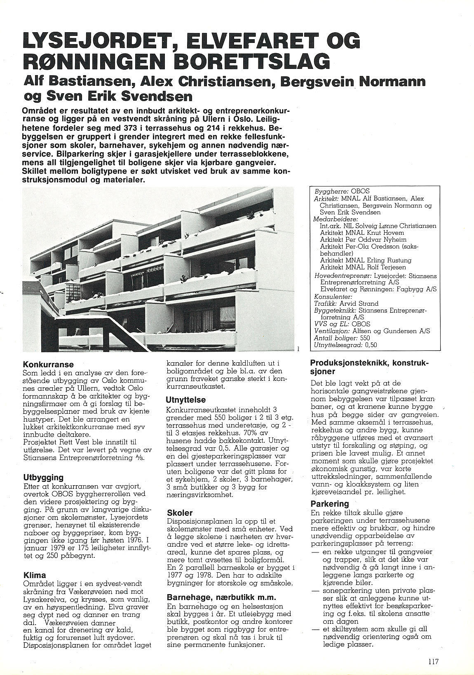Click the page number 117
point(433,661)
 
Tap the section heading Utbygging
point(43,477)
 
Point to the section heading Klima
point(35,575)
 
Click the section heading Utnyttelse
point(185,400)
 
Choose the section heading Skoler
point(180,513)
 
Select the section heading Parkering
point(330,504)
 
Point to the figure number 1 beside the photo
point(298,349)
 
